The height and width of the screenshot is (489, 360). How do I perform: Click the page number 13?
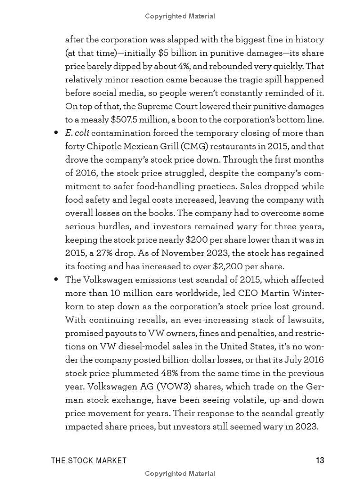pyautogui.click(x=319, y=460)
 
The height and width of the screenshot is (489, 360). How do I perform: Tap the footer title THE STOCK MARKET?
pyautogui.click(x=89, y=460)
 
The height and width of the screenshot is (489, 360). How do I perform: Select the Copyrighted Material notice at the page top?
pyautogui.click(x=180, y=16)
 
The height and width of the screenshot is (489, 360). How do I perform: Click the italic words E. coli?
pyautogui.click(x=77, y=133)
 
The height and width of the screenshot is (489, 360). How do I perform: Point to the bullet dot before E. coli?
pyautogui.click(x=56, y=133)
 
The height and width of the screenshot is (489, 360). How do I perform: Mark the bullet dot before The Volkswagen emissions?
pyautogui.click(x=56, y=280)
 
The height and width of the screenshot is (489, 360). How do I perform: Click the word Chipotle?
pyautogui.click(x=104, y=146)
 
